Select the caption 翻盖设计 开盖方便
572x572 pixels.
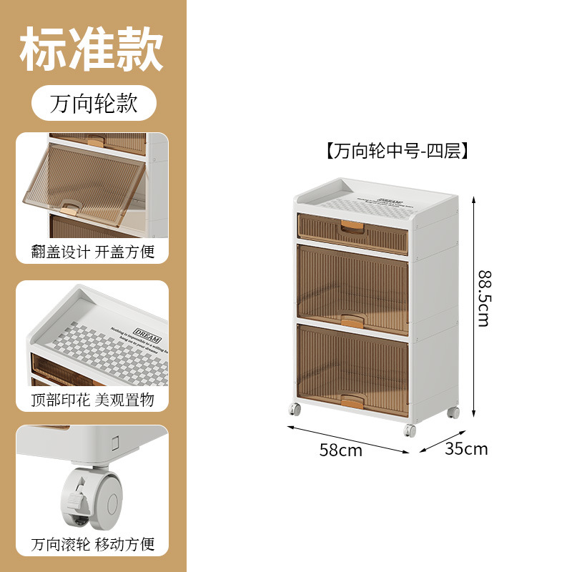point(93,252)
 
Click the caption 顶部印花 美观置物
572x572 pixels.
point(93,399)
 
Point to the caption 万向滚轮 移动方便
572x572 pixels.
point(93,544)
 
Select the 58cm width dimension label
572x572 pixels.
point(341,450)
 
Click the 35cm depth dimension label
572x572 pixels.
point(466,449)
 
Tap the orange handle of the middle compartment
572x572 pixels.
point(351,320)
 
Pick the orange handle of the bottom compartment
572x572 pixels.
point(351,400)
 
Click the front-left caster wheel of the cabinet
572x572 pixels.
point(295,410)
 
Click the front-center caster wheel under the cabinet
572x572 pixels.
point(410,430)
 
